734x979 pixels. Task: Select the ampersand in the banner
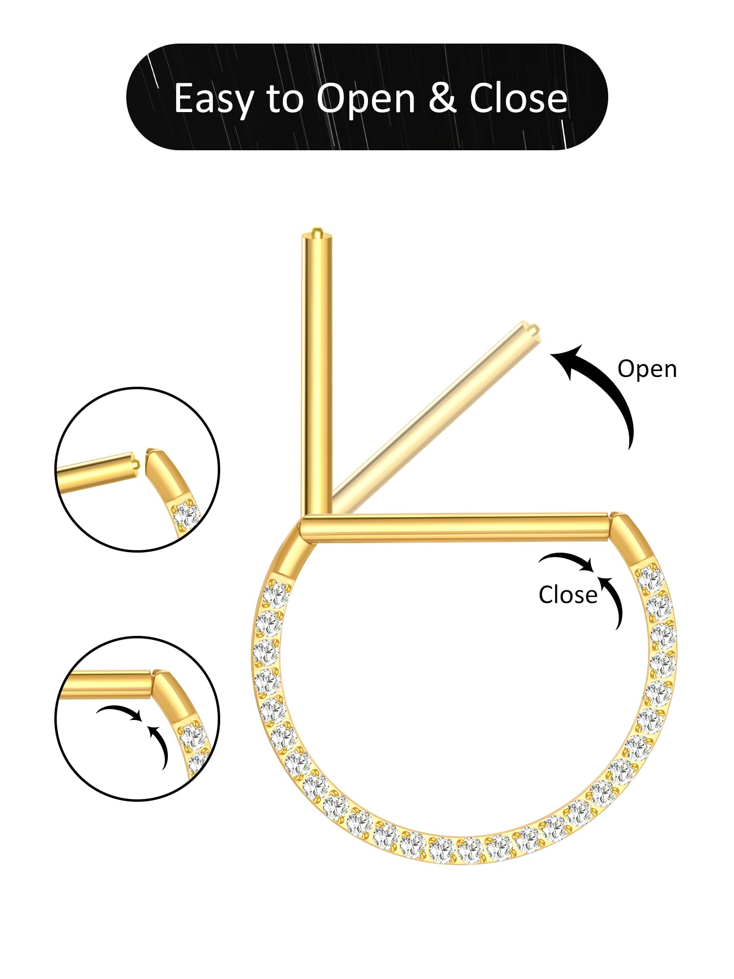[442, 98]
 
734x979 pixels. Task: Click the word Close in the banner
[518, 98]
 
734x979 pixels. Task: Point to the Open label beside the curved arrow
[647, 369]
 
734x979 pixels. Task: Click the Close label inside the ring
[568, 595]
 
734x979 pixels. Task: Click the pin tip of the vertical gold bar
[316, 230]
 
